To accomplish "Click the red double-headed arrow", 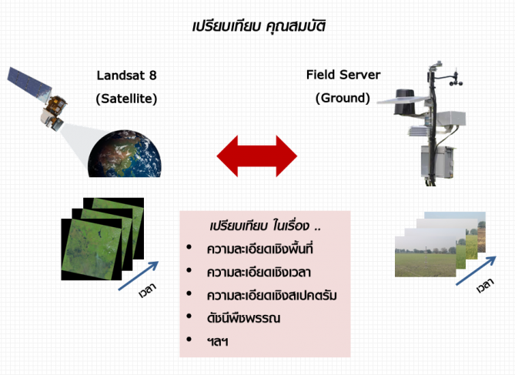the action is (257, 156).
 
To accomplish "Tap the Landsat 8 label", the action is (126, 75).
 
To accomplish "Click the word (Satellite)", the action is (126, 99).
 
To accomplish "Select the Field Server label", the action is (343, 75).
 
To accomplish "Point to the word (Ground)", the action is (343, 98).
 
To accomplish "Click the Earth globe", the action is (125, 154).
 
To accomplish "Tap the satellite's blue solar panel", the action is (29, 83).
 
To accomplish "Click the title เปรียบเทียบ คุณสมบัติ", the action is (259, 26).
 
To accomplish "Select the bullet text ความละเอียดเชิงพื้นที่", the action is (259, 249).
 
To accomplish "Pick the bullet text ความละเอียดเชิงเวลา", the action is (259, 272).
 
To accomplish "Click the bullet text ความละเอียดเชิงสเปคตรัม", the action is (272, 295).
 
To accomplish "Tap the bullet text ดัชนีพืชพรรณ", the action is (244, 318).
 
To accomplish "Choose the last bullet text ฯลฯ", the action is (217, 342).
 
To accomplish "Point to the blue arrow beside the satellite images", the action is (139, 276).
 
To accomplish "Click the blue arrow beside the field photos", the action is (476, 271).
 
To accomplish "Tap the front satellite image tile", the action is (92, 249).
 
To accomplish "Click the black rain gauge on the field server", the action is (406, 102).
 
